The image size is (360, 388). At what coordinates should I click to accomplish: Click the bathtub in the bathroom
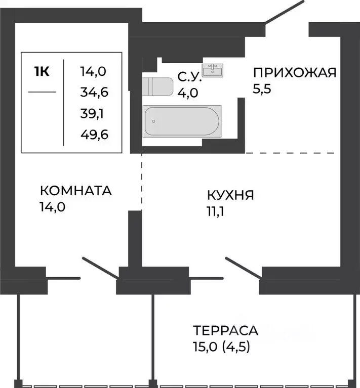tap(182, 121)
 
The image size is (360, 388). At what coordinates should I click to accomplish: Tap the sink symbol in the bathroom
tap(213, 70)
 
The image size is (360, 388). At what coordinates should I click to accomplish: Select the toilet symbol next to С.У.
tap(157, 87)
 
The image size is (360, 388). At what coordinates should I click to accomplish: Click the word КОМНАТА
tap(76, 191)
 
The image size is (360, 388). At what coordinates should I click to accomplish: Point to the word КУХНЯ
tap(230, 195)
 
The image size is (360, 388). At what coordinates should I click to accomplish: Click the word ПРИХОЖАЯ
tap(295, 72)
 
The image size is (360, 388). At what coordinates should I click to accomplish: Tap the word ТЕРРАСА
tap(225, 330)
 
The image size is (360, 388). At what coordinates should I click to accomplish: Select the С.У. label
tap(190, 77)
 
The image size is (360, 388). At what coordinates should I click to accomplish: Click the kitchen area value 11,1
tap(215, 211)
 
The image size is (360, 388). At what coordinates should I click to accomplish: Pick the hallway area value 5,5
tap(262, 89)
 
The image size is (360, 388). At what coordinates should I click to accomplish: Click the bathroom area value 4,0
tap(188, 93)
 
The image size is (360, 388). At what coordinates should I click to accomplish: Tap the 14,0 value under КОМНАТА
tap(53, 207)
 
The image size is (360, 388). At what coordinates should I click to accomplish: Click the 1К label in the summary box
tap(42, 71)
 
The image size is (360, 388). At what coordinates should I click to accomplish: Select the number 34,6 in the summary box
tap(94, 92)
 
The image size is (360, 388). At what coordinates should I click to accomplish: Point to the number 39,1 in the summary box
tap(92, 114)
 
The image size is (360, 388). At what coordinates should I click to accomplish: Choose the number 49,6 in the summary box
tap(95, 135)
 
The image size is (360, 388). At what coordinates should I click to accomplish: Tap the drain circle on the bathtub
tap(154, 121)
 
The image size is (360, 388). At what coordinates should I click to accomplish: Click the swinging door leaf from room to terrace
tap(100, 268)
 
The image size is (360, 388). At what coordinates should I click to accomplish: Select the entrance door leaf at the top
tap(284, 12)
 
